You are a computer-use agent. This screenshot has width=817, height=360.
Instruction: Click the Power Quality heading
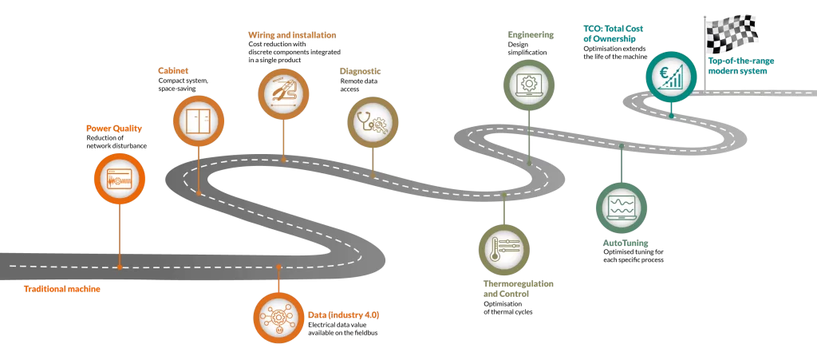click(114, 129)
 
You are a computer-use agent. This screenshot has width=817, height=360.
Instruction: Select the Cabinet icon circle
click(198, 121)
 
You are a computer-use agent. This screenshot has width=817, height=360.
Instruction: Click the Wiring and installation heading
click(292, 35)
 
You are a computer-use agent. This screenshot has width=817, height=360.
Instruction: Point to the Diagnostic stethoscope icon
click(373, 122)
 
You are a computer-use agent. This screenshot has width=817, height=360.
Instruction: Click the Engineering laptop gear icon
click(529, 85)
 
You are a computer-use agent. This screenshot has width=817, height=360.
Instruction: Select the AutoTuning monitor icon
click(622, 207)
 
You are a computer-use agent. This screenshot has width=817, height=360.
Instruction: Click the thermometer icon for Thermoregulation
click(504, 250)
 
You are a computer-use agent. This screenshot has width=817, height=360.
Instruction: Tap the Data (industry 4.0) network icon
click(278, 318)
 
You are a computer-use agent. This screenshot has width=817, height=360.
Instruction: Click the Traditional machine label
click(62, 289)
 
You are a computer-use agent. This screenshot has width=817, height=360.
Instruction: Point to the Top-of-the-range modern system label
click(741, 65)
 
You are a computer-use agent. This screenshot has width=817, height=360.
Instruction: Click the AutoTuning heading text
click(626, 243)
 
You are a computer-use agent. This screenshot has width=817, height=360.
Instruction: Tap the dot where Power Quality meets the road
click(120, 267)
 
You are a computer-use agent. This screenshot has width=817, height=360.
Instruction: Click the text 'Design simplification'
click(527, 49)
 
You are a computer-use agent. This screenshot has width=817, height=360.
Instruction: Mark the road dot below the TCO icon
click(671, 116)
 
